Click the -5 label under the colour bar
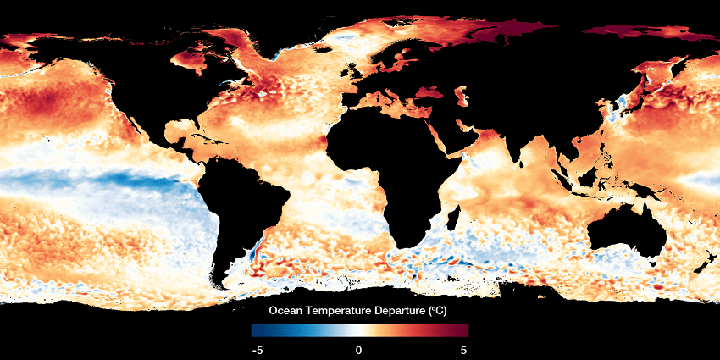point(256,349)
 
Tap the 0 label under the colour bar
point(359,349)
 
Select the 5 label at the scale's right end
point(463,349)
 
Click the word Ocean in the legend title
point(288,311)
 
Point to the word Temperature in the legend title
point(341,311)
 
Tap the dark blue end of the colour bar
point(256,330)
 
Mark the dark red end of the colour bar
point(463,330)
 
